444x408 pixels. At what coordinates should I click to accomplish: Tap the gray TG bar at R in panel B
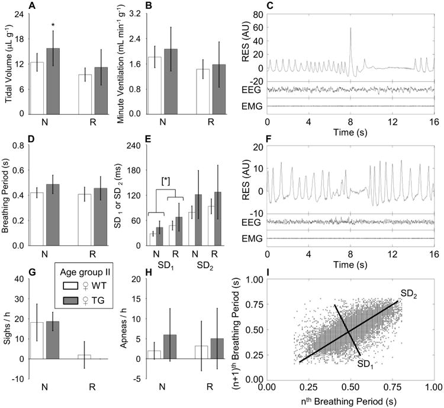218,89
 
